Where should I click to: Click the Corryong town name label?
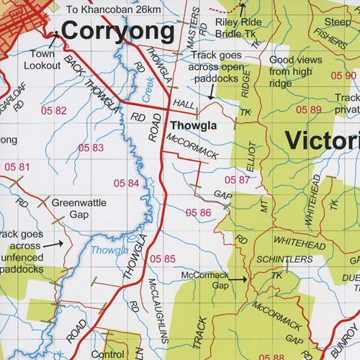pyautogui.click(x=117, y=32)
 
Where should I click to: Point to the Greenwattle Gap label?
pyautogui.click(x=78, y=209)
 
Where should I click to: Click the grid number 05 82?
pyautogui.click(x=54, y=111)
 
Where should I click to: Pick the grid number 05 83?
pyautogui.click(x=91, y=148)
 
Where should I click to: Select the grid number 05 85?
pyautogui.click(x=163, y=258)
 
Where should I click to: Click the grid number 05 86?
pyautogui.click(x=199, y=212)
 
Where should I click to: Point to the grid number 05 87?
pyautogui.click(x=238, y=179)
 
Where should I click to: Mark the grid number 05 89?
pyautogui.click(x=308, y=109)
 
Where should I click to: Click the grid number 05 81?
pyautogui.click(x=17, y=167)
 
